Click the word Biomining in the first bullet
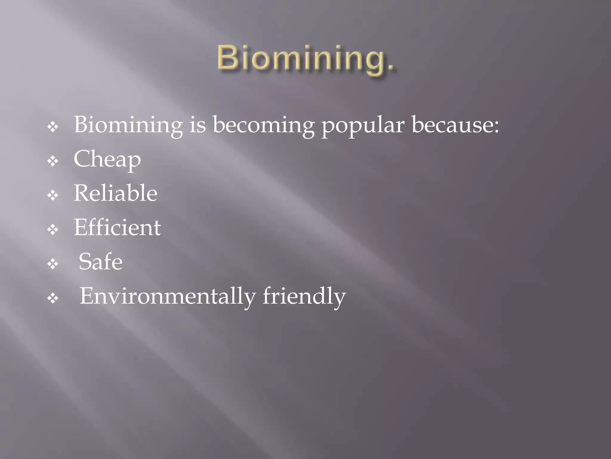pos(128,125)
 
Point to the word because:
pos(455,125)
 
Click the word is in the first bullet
pos(198,125)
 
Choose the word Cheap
pos(107,160)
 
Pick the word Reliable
pos(115,193)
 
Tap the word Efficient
pos(117,228)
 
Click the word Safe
pos(101,262)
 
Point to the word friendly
pos(304,297)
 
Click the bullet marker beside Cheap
pos(53,162)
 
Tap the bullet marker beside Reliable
pos(53,196)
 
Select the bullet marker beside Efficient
pos(53,230)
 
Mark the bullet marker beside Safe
pos(53,264)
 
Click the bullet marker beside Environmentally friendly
pos(53,298)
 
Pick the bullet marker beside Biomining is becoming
pos(53,127)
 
